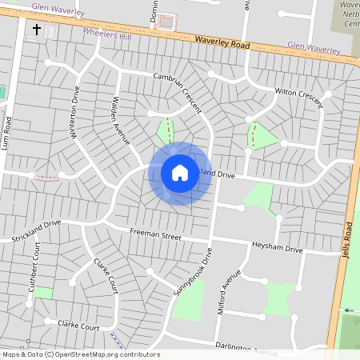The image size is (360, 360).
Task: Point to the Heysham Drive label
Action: click(x=277, y=250)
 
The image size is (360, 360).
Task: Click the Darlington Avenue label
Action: click(x=246, y=348)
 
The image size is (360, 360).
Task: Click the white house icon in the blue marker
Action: click(x=180, y=173)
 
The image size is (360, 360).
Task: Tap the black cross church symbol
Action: click(x=36, y=30)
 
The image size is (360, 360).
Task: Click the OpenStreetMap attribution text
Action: click(x=80, y=354)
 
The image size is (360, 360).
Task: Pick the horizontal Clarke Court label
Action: click(x=78, y=326)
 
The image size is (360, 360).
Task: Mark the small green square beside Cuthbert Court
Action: click(x=43, y=293)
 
